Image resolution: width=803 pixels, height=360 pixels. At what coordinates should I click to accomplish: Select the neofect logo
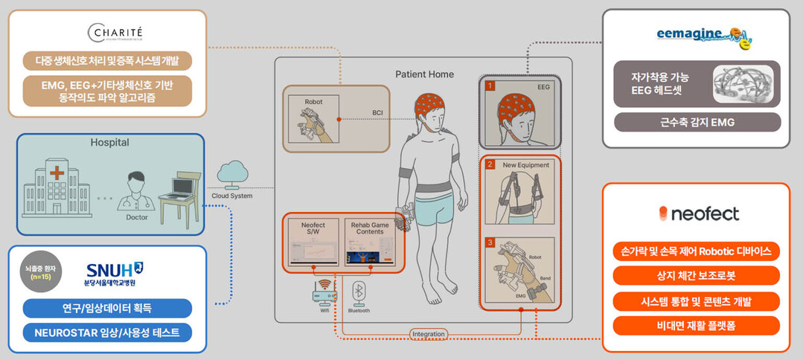coord(699,213)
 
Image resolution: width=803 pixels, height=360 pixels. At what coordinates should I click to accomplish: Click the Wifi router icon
coord(324,292)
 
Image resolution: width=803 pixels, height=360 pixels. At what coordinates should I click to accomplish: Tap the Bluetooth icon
coord(359,291)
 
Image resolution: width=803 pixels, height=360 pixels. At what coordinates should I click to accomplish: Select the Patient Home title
coord(423,74)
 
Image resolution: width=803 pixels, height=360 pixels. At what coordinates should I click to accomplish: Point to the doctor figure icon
coord(135,190)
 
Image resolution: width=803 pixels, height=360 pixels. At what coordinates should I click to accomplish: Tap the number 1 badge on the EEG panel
coord(490,86)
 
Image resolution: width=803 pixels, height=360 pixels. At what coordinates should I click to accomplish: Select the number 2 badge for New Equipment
coord(490,164)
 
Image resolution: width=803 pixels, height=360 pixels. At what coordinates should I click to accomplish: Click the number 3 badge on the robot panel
coord(490,242)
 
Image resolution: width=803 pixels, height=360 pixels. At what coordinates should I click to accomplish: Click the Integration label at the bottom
coord(428,334)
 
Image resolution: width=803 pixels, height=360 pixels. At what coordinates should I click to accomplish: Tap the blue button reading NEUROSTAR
coord(107,332)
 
